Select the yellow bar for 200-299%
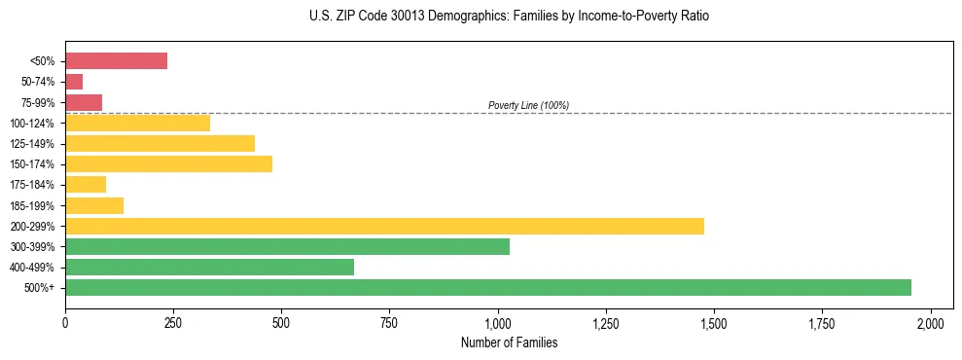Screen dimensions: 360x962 [x=384, y=226]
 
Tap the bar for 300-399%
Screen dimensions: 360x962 [x=287, y=246]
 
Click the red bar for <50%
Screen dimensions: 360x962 [x=116, y=60]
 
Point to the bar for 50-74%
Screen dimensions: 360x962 [x=74, y=82]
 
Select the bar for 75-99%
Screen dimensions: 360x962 [x=84, y=102]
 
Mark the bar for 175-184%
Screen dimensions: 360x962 [x=86, y=185]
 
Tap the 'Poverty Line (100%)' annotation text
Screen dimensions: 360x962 [x=528, y=105]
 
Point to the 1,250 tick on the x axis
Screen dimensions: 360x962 [x=606, y=322]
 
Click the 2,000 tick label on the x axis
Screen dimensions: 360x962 [x=931, y=322]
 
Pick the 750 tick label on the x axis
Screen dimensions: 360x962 [x=389, y=322]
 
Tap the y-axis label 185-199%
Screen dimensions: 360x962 [x=32, y=205]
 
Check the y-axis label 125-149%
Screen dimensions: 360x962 [x=32, y=144]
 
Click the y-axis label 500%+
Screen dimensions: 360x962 [x=41, y=288]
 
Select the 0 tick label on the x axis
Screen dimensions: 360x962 [x=65, y=322]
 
